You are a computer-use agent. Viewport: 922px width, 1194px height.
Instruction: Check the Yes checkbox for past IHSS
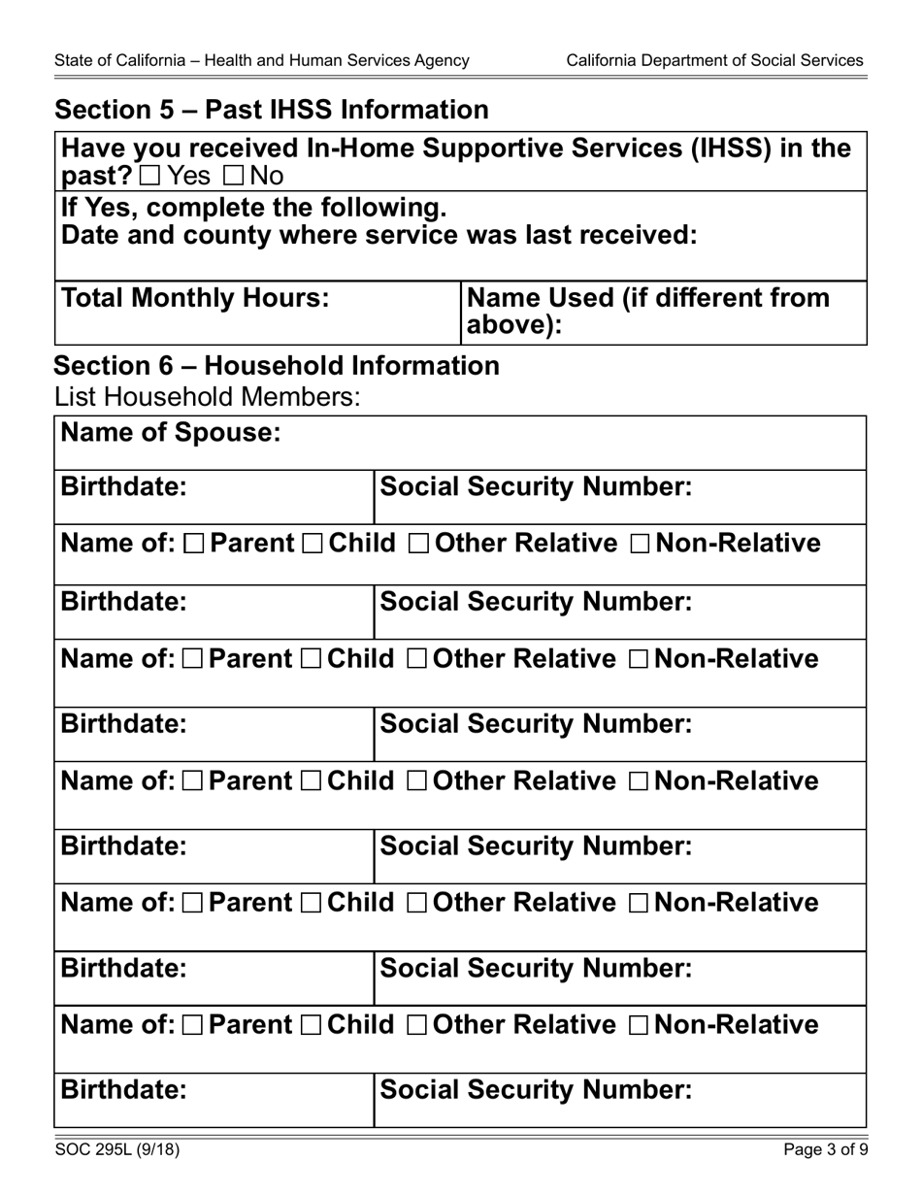coord(150,177)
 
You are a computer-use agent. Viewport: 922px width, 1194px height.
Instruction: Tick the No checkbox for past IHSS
coord(234,177)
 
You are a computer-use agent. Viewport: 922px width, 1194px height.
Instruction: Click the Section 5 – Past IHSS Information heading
coord(272,111)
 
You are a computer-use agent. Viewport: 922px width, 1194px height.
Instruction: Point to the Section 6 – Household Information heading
coord(277,366)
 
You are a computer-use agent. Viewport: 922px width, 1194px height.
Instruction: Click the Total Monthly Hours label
coord(195,298)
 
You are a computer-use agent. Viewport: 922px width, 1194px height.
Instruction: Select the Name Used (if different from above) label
coord(648,312)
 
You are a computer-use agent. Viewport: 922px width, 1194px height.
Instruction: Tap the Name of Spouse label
coord(171,433)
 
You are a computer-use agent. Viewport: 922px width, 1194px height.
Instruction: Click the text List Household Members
coord(208,396)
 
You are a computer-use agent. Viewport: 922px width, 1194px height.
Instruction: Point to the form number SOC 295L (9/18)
coord(116,1150)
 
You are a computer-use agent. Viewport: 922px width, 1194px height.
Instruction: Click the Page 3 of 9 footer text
coord(826,1150)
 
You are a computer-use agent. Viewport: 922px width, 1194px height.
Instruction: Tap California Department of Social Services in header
coord(714,60)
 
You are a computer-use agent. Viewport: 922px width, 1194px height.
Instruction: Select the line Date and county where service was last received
coord(379,236)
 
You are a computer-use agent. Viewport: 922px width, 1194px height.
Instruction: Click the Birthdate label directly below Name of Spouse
coord(123,487)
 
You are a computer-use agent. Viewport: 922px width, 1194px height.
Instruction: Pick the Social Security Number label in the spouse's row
coord(536,487)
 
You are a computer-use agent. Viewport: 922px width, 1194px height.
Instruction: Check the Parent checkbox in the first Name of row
coord(193,545)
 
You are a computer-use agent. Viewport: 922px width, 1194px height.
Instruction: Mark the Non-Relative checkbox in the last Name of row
coord(641,1026)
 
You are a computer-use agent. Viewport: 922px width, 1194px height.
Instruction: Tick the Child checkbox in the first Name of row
coord(313,545)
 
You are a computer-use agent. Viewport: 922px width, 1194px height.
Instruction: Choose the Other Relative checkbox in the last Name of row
coord(418,1026)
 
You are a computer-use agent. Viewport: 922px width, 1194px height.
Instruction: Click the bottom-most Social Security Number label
coord(536,1090)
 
